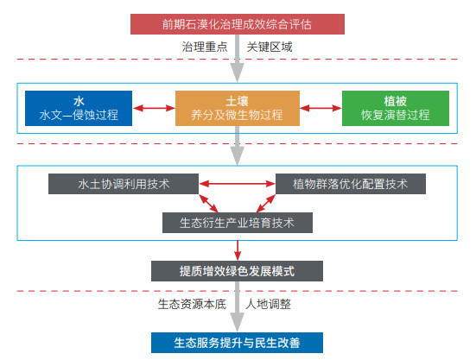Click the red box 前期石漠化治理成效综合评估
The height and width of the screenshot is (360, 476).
[x=238, y=24]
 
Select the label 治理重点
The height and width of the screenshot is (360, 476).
[x=205, y=47]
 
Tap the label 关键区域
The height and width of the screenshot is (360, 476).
[x=270, y=47]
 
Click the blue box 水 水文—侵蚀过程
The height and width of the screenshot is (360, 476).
[x=79, y=108]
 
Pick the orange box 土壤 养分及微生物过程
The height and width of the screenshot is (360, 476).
[x=238, y=108]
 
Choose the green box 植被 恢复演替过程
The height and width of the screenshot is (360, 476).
[x=396, y=108]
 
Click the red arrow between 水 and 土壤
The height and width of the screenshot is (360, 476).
[x=154, y=108]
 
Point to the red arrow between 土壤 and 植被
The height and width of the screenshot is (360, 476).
[x=321, y=108]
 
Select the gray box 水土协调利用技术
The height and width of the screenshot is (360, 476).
[x=124, y=184]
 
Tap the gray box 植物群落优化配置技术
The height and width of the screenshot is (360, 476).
[x=351, y=184]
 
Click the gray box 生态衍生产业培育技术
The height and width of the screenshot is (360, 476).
[x=238, y=223]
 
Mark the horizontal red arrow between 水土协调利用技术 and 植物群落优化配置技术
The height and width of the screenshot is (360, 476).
[x=237, y=184]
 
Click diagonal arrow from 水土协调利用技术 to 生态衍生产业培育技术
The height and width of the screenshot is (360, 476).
[x=208, y=204]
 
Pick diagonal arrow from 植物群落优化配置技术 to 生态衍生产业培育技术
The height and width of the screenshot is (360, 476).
[x=266, y=204]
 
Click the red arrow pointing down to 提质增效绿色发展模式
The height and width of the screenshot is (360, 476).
[x=238, y=250]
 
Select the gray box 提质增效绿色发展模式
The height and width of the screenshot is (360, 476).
[x=237, y=271]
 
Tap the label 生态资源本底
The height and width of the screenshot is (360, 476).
[x=192, y=304]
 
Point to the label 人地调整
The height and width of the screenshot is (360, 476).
[x=269, y=304]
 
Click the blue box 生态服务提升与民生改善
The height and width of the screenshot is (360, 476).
[x=237, y=343]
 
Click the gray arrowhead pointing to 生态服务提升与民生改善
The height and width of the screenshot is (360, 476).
[x=237, y=322]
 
